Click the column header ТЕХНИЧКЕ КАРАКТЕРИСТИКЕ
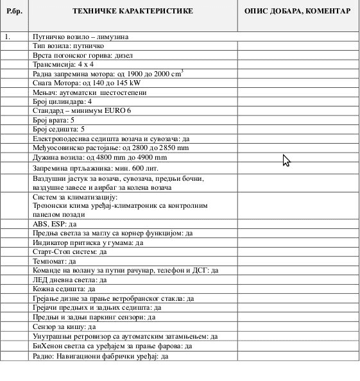pos(134,12)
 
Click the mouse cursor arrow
pos(286,160)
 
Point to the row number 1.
pos(8,37)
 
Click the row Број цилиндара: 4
pos(62,101)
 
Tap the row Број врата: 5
pos(53,120)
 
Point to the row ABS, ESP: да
pos(55,224)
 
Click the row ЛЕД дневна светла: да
pos(69,280)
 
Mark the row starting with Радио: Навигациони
pos(100,355)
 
